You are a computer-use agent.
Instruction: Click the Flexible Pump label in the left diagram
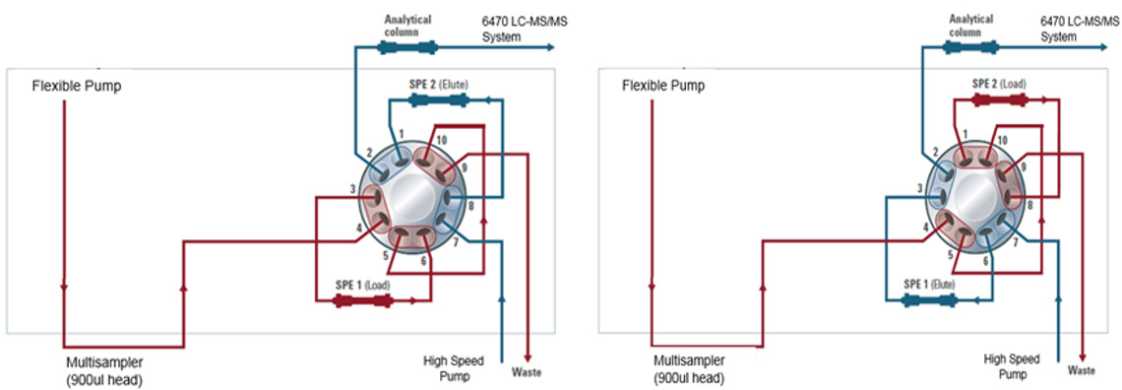tap(77, 87)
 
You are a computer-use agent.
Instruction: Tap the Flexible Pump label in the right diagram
tap(663, 86)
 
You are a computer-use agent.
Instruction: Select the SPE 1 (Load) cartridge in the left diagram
tap(363, 301)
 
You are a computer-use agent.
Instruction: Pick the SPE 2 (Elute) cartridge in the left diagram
tap(439, 100)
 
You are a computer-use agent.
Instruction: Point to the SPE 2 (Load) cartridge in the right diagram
tap(999, 100)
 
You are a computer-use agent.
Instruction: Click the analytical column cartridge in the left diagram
tap(407, 48)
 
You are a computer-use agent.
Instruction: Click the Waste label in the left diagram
tap(527, 372)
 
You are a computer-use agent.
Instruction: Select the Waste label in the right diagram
tap(1082, 370)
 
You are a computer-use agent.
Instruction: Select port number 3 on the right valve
tap(919, 189)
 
